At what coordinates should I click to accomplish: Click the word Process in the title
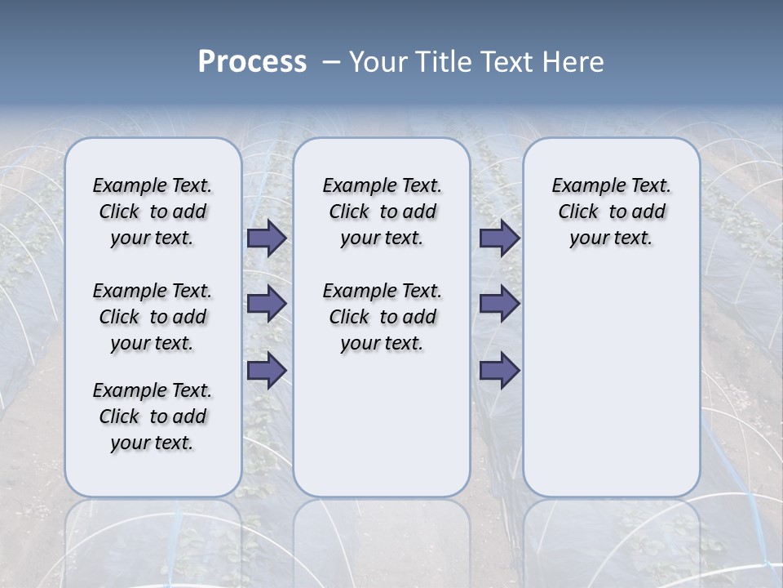252,62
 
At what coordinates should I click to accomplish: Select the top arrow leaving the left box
267,238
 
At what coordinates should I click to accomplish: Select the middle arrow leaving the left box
267,304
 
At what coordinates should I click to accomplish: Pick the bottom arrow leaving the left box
267,371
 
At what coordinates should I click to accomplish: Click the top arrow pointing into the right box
499,238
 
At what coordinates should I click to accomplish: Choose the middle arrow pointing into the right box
499,304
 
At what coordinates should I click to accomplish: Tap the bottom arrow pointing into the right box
499,371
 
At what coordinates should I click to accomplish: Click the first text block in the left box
153,212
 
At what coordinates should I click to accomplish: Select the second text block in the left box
153,317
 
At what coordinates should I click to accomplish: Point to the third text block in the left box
153,416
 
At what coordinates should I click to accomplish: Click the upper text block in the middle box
382,212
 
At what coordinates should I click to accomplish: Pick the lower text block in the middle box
382,317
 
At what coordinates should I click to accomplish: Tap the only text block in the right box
611,212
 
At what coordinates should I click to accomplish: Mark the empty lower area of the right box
611,392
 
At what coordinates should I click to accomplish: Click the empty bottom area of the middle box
382,433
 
